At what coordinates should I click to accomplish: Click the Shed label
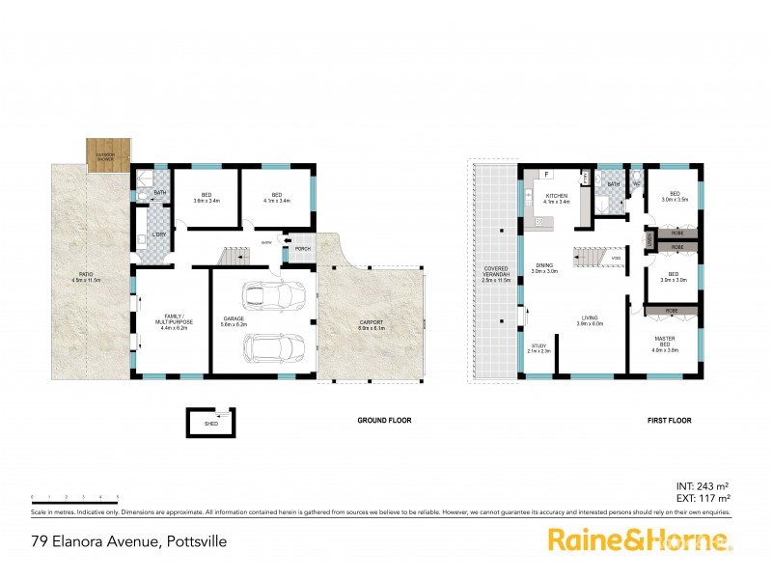210,422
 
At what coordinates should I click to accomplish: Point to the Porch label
302,249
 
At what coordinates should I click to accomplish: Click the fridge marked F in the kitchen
547,175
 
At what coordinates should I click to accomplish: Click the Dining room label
544,269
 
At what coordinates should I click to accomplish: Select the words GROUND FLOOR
386,421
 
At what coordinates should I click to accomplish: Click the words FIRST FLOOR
670,421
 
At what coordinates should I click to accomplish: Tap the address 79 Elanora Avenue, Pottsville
129,541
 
